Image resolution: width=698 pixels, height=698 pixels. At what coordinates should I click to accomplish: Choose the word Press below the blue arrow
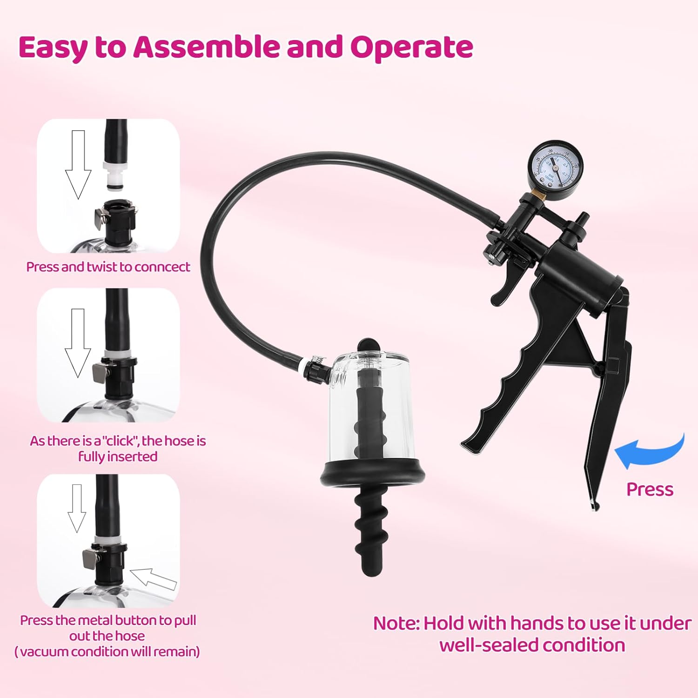(650, 490)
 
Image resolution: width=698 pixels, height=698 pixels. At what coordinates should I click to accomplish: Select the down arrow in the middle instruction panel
(78, 343)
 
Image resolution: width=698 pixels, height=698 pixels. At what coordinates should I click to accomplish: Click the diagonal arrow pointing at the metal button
(153, 579)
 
